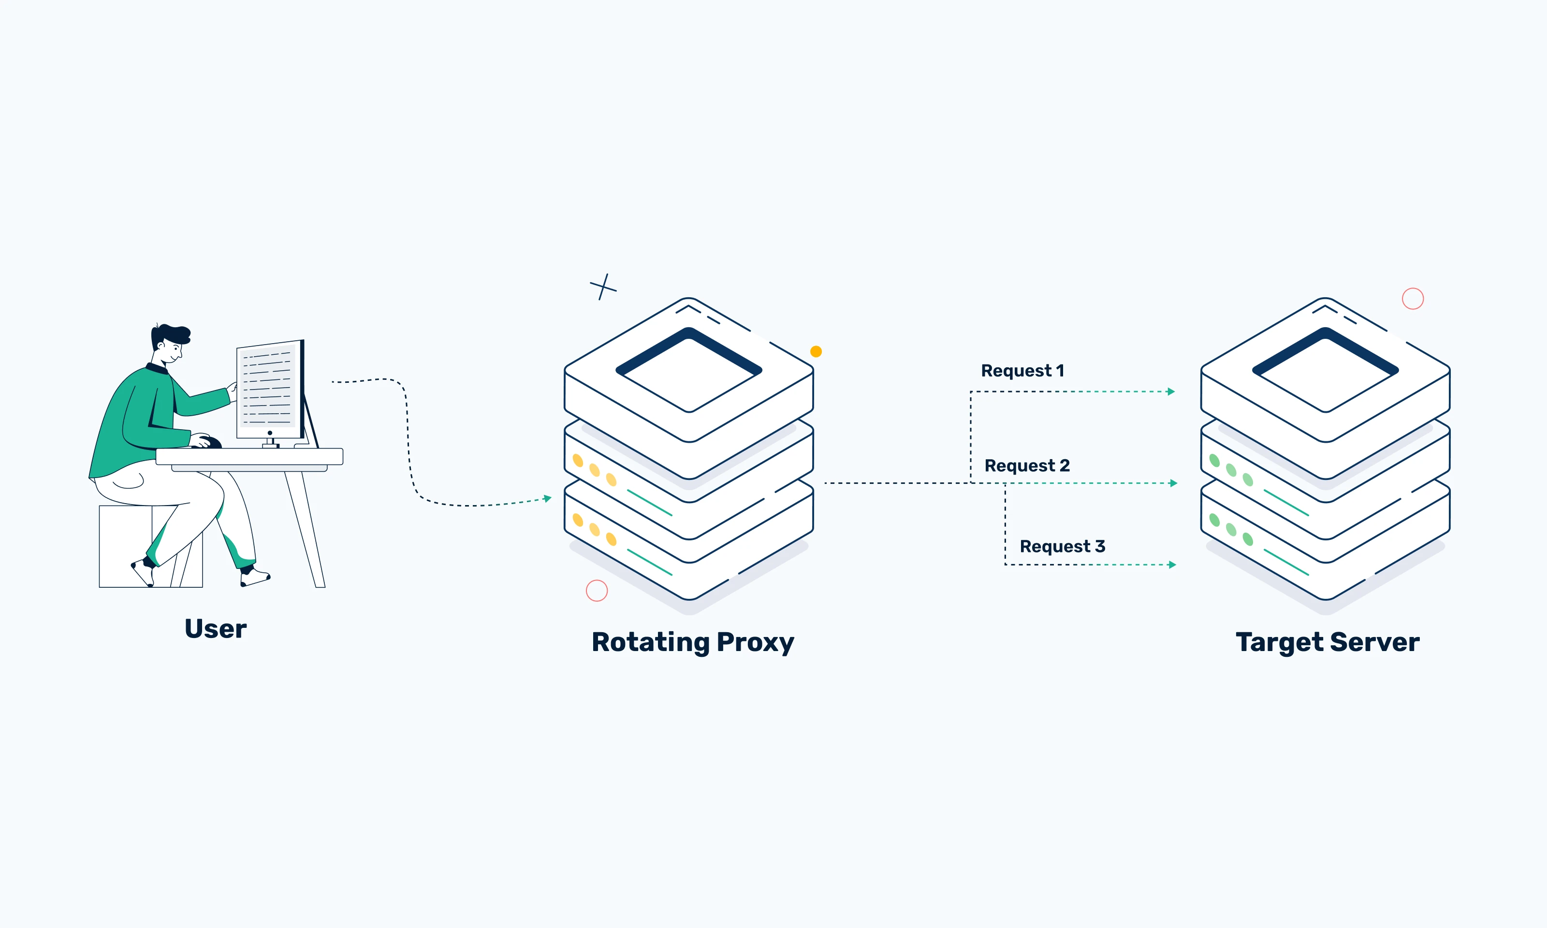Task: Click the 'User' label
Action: pos(215,628)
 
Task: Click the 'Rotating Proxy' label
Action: pos(693,642)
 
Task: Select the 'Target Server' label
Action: pos(1327,642)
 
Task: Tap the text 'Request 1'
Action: pos(1022,371)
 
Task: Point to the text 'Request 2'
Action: pos(1027,466)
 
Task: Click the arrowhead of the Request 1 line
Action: pos(1171,392)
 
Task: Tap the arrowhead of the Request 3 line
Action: pos(1172,565)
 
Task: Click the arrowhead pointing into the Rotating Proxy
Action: pos(548,498)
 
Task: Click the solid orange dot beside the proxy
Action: pos(816,351)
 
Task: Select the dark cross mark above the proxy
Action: pos(603,287)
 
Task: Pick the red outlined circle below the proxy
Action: pos(597,590)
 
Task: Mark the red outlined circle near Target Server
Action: pos(1413,299)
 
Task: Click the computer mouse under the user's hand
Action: pos(211,443)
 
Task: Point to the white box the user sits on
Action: pos(125,547)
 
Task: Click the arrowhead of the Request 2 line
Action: pos(1174,483)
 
